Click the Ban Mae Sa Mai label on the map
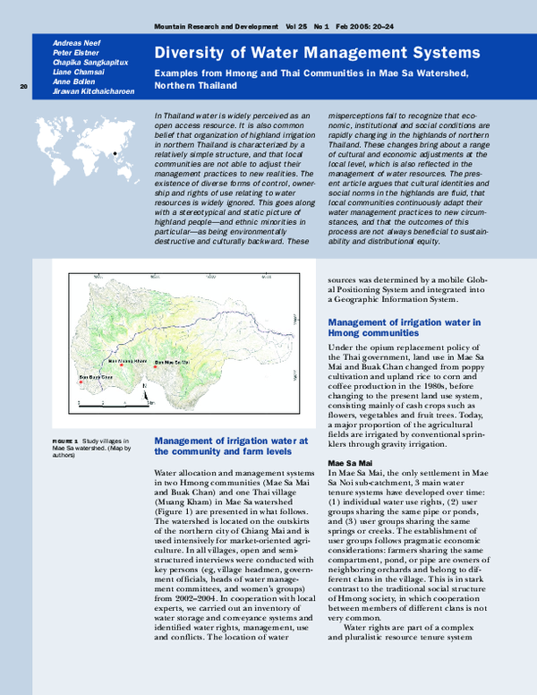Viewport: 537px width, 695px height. coord(173,362)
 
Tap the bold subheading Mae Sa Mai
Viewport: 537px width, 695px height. coord(347,463)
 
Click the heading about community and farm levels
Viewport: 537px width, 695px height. coord(231,446)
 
